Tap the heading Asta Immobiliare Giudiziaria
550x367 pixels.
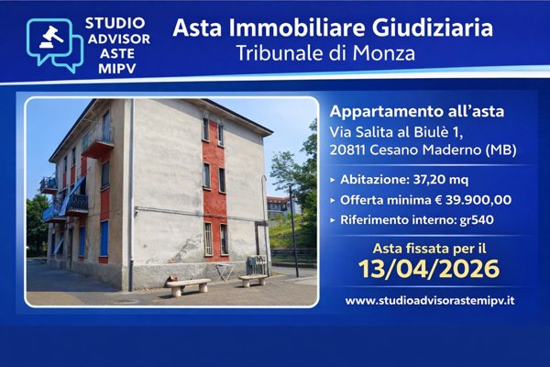[x=333, y=27]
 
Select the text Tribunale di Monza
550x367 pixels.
[x=333, y=53]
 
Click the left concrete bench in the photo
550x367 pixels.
[x=188, y=286]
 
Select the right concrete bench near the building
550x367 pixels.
[x=253, y=280]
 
